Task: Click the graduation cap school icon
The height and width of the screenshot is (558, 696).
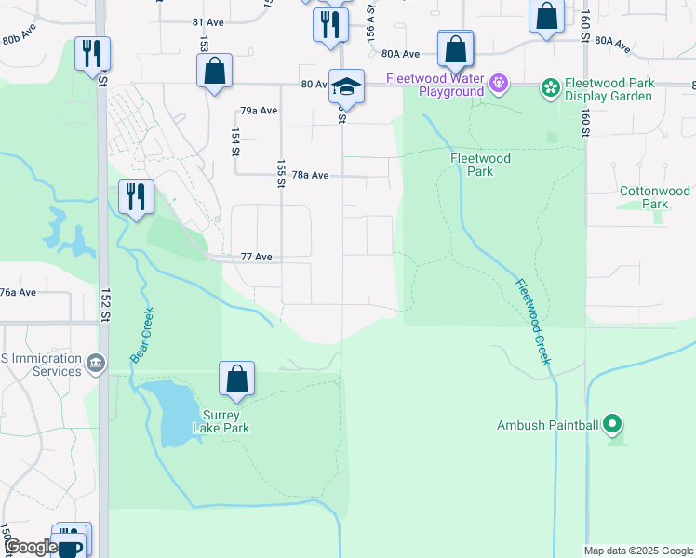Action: click(346, 87)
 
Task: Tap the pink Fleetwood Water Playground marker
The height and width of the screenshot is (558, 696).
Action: click(499, 85)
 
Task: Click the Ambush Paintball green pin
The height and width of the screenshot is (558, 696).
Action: click(611, 426)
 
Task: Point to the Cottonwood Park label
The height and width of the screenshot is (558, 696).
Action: click(656, 197)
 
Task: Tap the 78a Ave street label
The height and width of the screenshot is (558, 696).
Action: click(311, 175)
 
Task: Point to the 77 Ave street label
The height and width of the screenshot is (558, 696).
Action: click(256, 257)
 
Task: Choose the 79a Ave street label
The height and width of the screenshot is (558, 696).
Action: click(260, 111)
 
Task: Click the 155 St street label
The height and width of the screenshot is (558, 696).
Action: click(280, 173)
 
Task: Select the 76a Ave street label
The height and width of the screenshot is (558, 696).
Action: click(18, 292)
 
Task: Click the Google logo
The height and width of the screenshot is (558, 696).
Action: click(30, 547)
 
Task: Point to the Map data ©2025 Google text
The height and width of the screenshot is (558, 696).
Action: click(637, 551)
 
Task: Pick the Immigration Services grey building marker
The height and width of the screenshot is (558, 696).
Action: click(95, 363)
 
